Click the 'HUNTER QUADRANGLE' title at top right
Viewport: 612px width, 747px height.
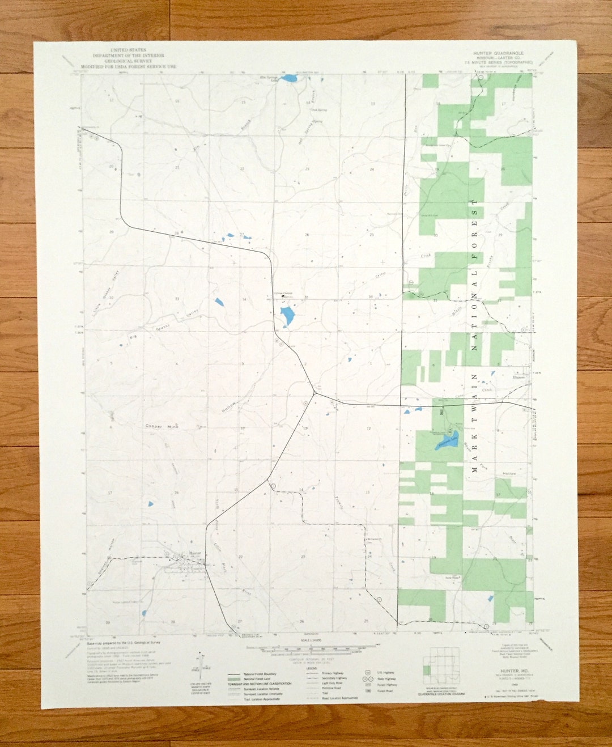[x=499, y=52]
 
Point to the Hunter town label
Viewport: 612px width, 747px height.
[x=195, y=553]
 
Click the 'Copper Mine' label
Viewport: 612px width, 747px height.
[x=162, y=426]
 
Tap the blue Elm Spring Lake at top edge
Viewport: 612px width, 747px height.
[x=290, y=78]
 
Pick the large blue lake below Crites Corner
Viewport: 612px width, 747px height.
[x=287, y=316]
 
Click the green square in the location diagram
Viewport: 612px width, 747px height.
[x=427, y=670]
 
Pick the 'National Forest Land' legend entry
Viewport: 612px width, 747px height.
[x=258, y=678]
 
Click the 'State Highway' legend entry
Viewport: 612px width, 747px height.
[x=387, y=678]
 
